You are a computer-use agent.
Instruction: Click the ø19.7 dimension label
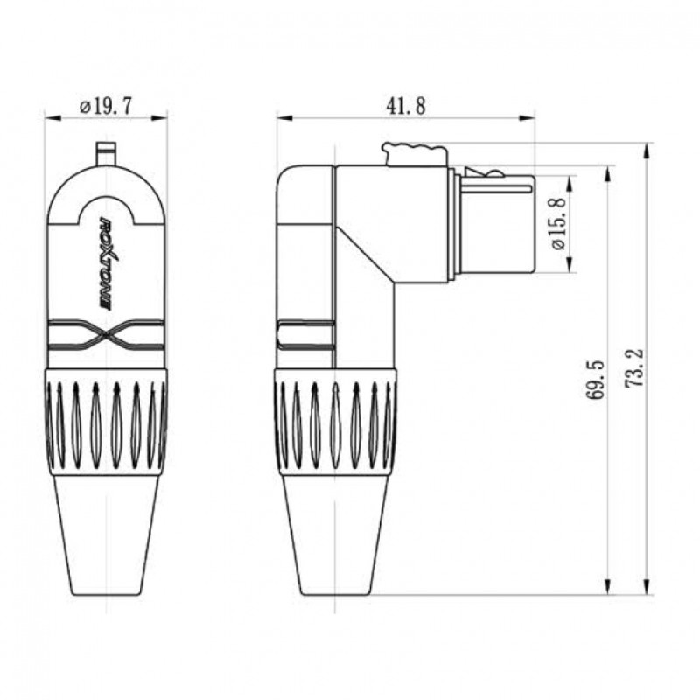click(x=106, y=107)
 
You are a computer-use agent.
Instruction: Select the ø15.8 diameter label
click(x=559, y=225)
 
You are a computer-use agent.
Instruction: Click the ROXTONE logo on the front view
click(x=107, y=262)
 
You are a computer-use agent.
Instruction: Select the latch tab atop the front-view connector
click(x=106, y=154)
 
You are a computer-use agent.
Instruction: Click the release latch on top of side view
click(x=413, y=154)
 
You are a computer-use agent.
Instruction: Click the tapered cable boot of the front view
click(x=106, y=534)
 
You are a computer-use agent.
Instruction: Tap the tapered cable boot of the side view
click(x=336, y=534)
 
